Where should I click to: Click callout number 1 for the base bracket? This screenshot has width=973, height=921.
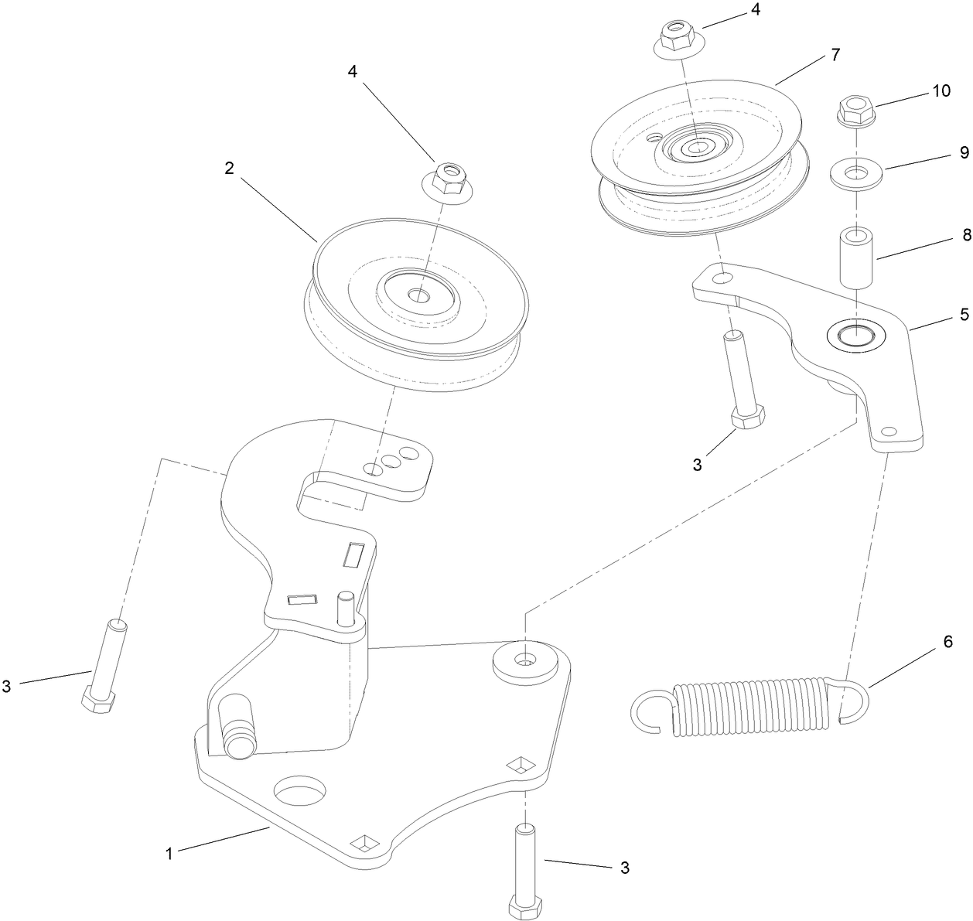point(168,853)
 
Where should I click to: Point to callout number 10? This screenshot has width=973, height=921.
point(941,90)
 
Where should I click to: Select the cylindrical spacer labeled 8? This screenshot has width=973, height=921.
point(856,257)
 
